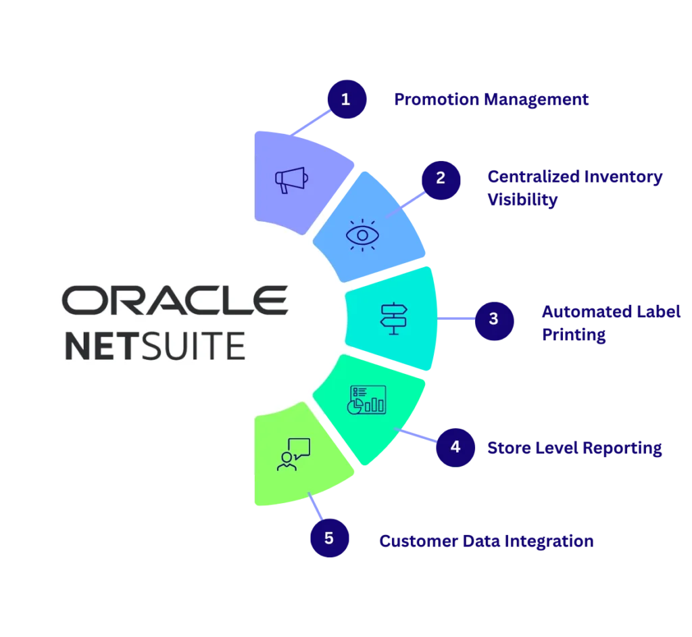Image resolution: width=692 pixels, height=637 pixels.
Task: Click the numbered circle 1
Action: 346,100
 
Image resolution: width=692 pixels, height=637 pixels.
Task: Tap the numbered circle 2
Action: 441,179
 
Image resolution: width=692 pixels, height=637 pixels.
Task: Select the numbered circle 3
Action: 494,318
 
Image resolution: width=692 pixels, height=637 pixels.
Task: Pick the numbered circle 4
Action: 455,447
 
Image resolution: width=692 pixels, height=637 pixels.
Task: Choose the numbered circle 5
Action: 329,538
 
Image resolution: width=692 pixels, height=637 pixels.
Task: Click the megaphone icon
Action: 291,179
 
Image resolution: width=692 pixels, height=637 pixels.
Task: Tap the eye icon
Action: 362,235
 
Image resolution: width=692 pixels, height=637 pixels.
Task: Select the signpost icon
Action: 394,318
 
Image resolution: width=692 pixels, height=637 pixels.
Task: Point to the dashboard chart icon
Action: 367,400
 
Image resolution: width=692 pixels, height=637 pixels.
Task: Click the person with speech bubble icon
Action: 293,454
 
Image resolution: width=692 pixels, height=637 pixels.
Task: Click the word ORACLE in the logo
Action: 174,300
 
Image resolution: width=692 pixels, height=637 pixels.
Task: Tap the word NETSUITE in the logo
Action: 155,345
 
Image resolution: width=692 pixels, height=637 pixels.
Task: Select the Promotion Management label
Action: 491,100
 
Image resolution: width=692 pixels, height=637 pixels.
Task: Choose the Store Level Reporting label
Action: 574,448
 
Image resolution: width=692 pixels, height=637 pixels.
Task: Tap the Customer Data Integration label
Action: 486,541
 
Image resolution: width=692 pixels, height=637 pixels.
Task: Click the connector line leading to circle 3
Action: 456,318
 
